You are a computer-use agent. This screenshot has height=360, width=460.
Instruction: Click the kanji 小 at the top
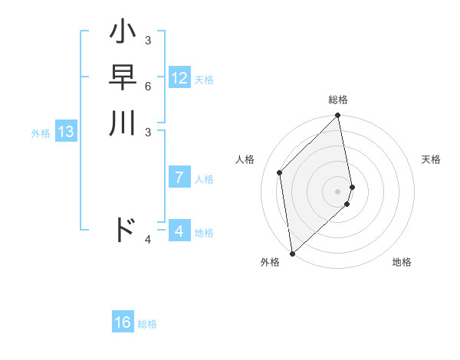point(123,34)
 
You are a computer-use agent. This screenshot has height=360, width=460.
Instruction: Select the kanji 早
point(123,78)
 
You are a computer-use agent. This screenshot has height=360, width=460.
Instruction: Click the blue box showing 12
point(179,78)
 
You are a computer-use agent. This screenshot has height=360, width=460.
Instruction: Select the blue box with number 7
point(179,178)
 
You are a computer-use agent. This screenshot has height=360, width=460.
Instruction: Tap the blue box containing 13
point(66,132)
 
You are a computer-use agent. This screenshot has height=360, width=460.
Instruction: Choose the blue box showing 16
point(123,322)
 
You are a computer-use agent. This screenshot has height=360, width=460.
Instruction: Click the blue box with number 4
point(179,231)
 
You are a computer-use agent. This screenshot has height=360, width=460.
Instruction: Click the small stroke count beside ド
point(148,241)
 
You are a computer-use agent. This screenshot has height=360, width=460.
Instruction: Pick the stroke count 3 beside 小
point(148,40)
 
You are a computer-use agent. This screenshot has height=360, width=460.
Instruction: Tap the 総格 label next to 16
point(147,324)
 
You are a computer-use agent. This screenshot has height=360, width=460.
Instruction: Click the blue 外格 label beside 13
point(41,133)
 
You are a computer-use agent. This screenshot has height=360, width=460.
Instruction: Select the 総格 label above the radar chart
point(338,100)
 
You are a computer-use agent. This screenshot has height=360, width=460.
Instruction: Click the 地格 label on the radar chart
point(402,262)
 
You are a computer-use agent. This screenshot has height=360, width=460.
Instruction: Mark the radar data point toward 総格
point(338,116)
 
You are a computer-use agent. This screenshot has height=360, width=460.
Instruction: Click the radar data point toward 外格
point(292,253)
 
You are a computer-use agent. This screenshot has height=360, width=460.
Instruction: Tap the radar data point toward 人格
point(280,172)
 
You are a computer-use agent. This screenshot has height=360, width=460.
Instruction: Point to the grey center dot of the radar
point(338,191)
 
